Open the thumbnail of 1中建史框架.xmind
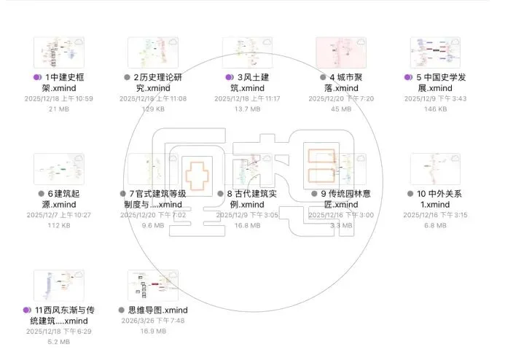point(59,52)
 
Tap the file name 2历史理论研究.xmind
point(153,82)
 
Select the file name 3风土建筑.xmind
point(250,82)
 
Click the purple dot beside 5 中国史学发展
point(408,77)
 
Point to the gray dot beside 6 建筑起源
point(42,193)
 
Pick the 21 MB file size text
point(59,109)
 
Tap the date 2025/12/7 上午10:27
point(59,215)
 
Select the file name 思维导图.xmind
point(152,310)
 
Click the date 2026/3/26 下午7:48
point(152,321)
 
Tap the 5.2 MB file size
point(59,342)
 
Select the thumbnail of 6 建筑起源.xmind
point(59,168)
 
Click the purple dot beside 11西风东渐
point(27,310)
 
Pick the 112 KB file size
point(59,226)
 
